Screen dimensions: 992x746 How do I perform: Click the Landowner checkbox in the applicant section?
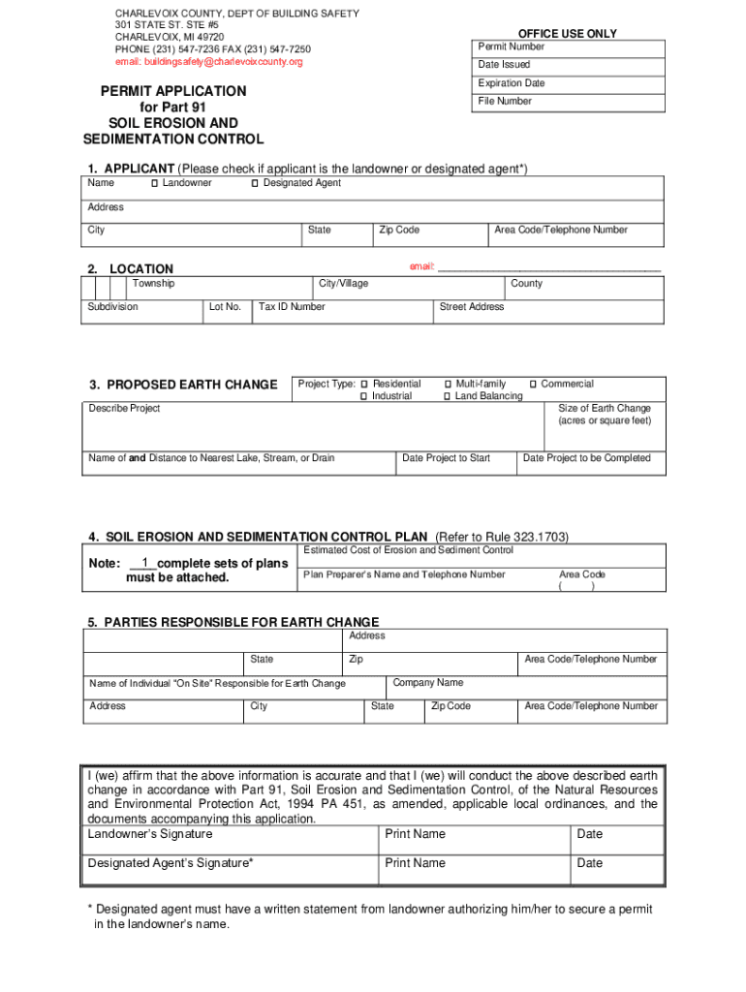pyautogui.click(x=155, y=183)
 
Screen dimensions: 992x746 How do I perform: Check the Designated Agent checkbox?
pyautogui.click(x=255, y=183)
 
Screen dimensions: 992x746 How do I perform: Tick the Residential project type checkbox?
pyautogui.click(x=364, y=385)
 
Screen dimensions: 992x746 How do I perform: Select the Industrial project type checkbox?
pyautogui.click(x=364, y=396)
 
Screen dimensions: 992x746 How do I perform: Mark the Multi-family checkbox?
pyautogui.click(x=448, y=385)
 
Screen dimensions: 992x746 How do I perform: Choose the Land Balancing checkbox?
pyautogui.click(x=448, y=396)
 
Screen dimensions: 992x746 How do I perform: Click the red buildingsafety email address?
pyautogui.click(x=209, y=62)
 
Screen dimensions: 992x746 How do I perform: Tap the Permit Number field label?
pyautogui.click(x=511, y=46)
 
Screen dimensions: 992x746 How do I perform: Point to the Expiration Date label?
pyautogui.click(x=511, y=83)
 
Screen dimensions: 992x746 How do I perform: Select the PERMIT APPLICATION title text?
pyautogui.click(x=173, y=91)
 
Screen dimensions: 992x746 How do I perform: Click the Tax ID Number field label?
pyautogui.click(x=292, y=307)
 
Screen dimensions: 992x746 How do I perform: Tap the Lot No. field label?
pyautogui.click(x=225, y=307)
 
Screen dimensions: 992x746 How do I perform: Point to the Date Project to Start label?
pyautogui.click(x=446, y=458)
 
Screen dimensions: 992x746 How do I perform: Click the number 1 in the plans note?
pyautogui.click(x=144, y=563)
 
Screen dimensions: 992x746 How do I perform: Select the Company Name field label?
pyautogui.click(x=427, y=683)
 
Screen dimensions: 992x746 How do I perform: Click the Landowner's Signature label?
pyautogui.click(x=150, y=834)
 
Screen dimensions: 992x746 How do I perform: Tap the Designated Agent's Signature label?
pyautogui.click(x=171, y=863)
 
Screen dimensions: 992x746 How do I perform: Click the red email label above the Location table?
pyautogui.click(x=421, y=265)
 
